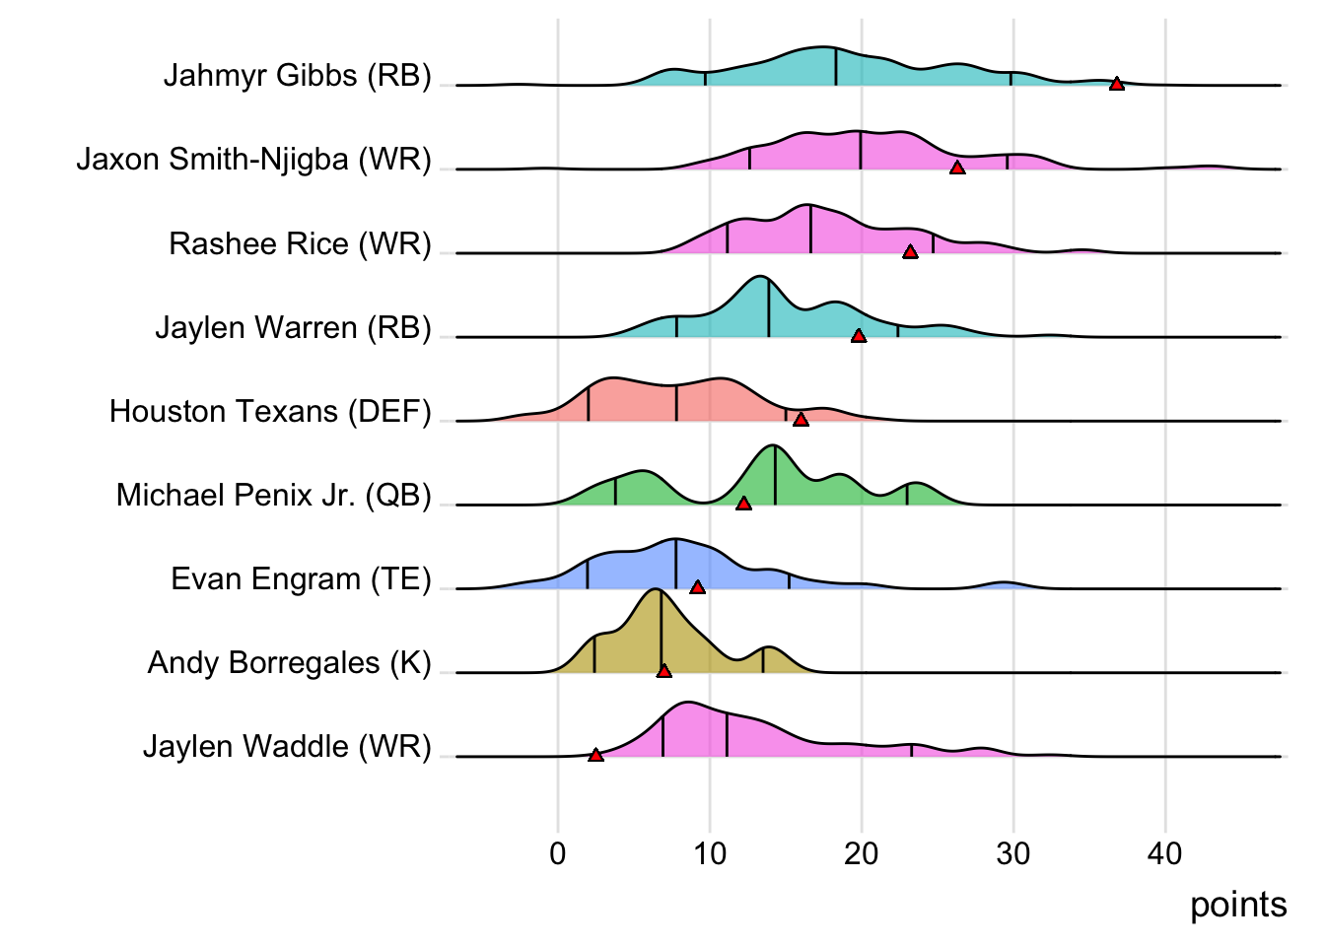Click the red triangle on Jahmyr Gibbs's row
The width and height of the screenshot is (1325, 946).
[x=1116, y=84]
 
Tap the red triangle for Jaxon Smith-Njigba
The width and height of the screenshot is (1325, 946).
[x=956, y=168]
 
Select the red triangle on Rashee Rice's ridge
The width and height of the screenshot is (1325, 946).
[x=910, y=251]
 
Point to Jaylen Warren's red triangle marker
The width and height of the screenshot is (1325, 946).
[x=858, y=336]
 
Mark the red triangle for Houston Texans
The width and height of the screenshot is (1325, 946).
[x=801, y=420]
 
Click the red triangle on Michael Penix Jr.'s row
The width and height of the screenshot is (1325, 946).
[x=743, y=504]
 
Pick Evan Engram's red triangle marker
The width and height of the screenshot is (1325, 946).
[x=697, y=587]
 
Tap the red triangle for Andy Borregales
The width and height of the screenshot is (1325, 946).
[x=663, y=671]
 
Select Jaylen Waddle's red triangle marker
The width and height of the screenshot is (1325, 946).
[x=595, y=755]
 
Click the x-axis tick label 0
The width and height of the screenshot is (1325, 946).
[x=558, y=853]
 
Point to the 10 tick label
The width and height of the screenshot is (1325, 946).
[x=709, y=853]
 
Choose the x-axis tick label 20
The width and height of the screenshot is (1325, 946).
[x=861, y=853]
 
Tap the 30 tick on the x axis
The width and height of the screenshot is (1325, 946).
[x=1012, y=853]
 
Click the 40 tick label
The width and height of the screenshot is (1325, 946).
[x=1164, y=853]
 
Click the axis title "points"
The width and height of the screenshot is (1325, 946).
[x=1237, y=905]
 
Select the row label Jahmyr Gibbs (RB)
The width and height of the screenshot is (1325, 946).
[x=297, y=76]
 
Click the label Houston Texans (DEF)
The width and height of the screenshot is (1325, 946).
[x=270, y=411]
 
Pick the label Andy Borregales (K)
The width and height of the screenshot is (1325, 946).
[x=289, y=663]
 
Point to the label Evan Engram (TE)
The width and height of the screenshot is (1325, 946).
[x=301, y=579]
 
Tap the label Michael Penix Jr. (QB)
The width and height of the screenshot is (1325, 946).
[x=273, y=496]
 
